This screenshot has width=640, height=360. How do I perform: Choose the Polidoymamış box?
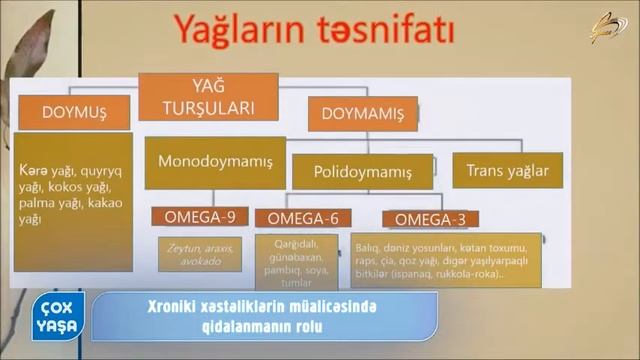click(362, 172)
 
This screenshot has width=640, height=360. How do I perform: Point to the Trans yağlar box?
click(507, 170)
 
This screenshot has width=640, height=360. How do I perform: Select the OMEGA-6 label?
click(297, 218)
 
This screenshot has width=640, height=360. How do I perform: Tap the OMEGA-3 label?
click(430, 218)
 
